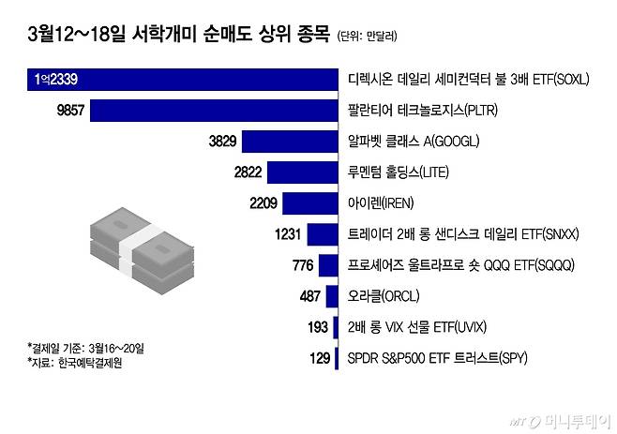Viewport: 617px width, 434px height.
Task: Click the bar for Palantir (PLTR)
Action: pos(216,111)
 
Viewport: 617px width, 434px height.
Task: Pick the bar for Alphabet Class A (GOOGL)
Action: pos(294,142)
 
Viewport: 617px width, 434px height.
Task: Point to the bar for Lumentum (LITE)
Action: pos(303,172)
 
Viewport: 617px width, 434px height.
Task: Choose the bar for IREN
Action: pos(310,203)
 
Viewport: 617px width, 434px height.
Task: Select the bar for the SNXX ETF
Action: pos(322,234)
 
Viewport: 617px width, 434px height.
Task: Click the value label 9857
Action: pos(71,111)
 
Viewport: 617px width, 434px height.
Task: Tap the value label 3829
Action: pos(229,142)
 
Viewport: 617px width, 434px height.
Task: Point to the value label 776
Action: pos(302,265)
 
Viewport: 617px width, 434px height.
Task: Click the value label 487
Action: pos(308,296)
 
